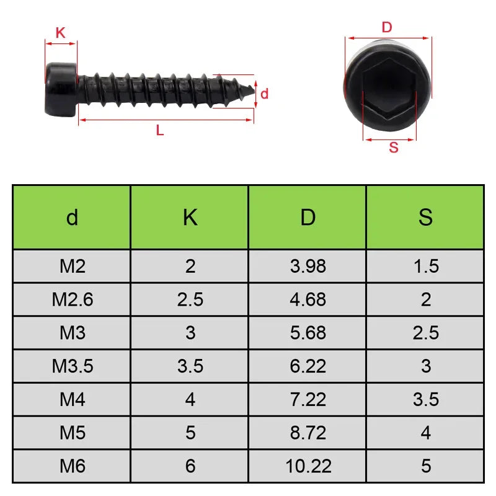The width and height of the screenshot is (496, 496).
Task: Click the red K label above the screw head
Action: [x=60, y=33]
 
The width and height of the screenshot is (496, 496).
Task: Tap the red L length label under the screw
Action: [x=160, y=130]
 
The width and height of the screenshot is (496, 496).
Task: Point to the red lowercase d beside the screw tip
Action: [x=264, y=94]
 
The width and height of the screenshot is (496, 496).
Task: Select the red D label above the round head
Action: [x=387, y=27]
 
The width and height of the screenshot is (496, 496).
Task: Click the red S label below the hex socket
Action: [x=393, y=148]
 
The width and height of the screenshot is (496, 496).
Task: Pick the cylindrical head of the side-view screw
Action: [x=61, y=89]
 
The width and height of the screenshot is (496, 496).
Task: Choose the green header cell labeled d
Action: [x=72, y=218]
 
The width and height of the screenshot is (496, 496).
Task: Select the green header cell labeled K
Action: [x=190, y=218]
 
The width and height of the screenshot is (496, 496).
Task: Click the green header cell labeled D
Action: [x=308, y=218]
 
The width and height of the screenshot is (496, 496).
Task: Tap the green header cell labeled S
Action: [x=425, y=218]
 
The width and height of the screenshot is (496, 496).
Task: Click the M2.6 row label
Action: [x=72, y=299]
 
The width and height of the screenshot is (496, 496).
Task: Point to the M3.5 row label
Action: [x=72, y=366]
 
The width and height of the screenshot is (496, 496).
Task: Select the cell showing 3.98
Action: [x=308, y=267]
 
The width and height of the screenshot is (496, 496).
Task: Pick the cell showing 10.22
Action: [x=308, y=466]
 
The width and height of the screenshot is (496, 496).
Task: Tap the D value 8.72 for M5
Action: [x=308, y=433]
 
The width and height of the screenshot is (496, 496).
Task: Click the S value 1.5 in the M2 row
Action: [x=425, y=267]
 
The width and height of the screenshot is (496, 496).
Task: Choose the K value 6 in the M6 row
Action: [x=190, y=466]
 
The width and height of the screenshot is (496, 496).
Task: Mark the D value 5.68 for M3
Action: [x=308, y=333]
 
